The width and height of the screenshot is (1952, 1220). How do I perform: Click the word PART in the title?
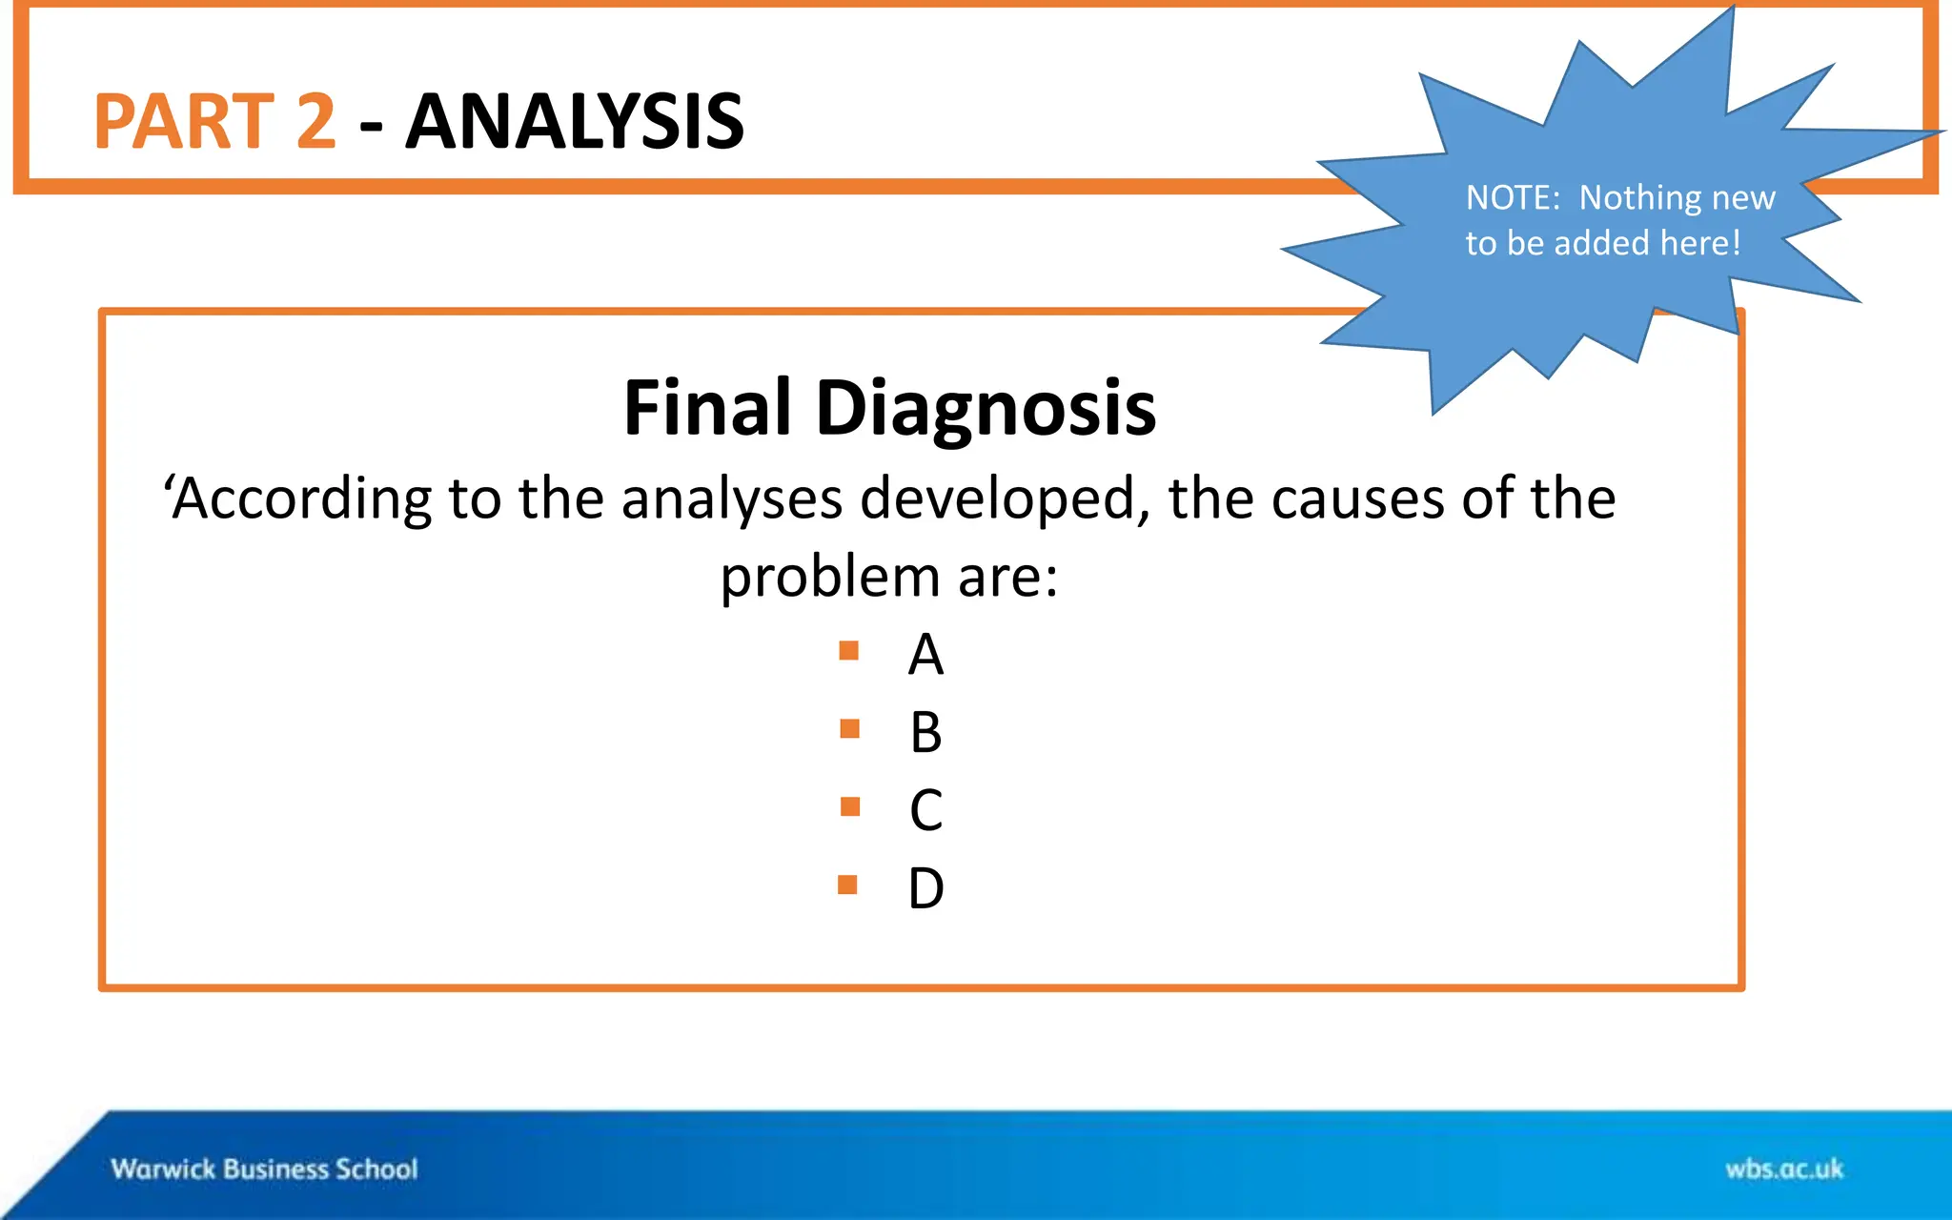[x=184, y=121]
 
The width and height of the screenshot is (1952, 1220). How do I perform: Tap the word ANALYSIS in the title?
[x=575, y=121]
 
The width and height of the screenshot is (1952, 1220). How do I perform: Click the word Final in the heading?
[x=707, y=408]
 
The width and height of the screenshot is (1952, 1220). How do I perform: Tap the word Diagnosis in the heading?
[x=985, y=408]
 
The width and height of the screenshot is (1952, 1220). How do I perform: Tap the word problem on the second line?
[x=830, y=578]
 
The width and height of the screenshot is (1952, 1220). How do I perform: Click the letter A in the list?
[x=925, y=656]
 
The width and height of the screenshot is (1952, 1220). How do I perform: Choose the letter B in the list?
[x=925, y=733]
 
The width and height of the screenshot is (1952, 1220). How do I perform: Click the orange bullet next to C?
[x=850, y=807]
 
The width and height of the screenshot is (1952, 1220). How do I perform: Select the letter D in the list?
[x=925, y=888]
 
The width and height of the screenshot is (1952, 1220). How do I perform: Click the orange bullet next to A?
[x=849, y=651]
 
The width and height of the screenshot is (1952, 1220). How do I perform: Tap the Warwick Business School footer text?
[x=264, y=1169]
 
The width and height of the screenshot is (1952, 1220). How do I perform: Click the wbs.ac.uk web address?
[x=1784, y=1169]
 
